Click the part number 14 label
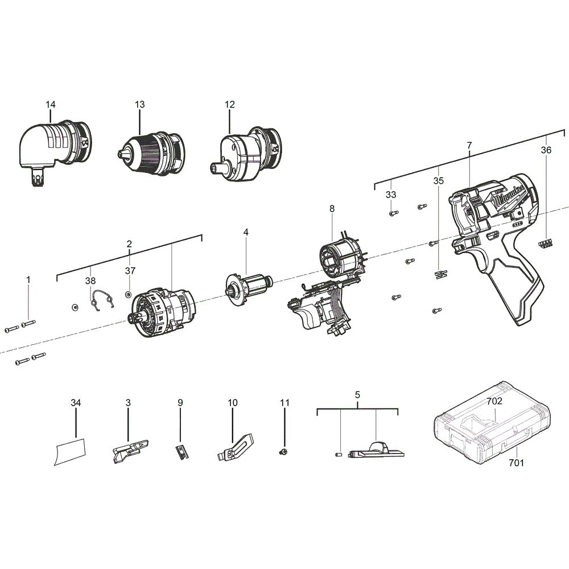[51, 104]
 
